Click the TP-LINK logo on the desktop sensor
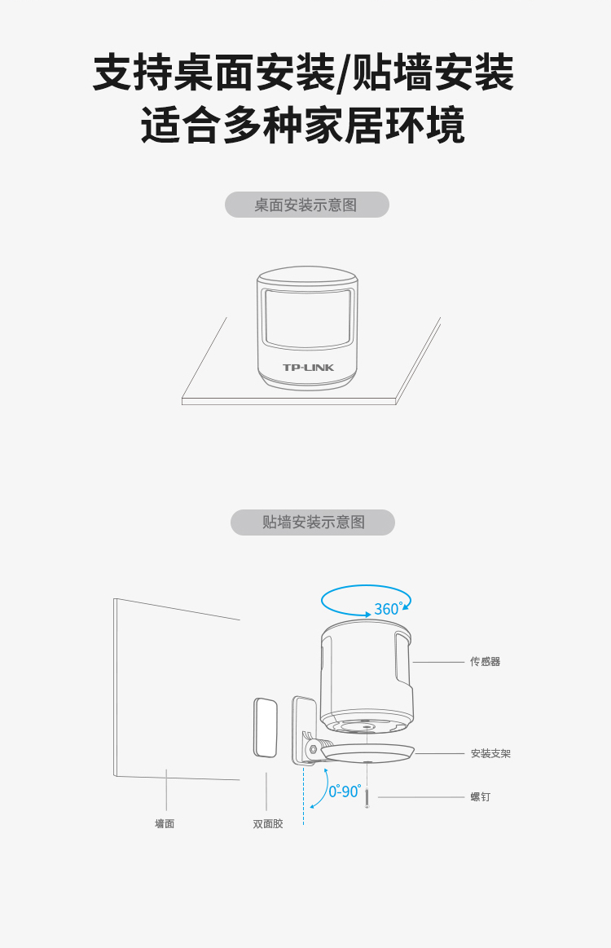click(308, 368)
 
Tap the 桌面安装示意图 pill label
click(307, 205)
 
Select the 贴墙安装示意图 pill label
click(313, 523)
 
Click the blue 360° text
click(388, 609)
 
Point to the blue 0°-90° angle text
click(345, 791)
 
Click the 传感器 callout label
click(486, 661)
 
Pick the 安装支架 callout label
click(490, 753)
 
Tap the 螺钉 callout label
click(481, 797)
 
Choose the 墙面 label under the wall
click(165, 823)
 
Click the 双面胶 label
click(268, 823)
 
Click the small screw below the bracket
click(367, 796)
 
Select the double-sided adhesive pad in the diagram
click(266, 727)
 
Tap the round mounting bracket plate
click(367, 753)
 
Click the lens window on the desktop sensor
click(308, 319)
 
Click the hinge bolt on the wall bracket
click(313, 749)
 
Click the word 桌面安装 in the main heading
click(254, 73)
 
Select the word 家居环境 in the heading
click(385, 126)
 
